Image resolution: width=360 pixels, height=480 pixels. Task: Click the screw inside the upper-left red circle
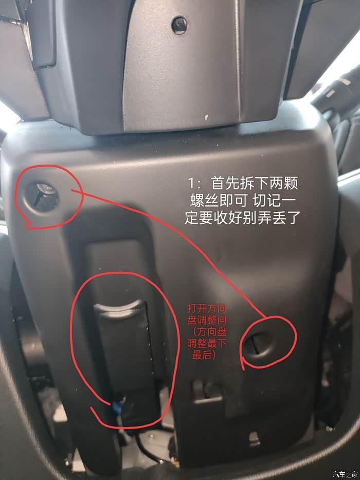[43, 195]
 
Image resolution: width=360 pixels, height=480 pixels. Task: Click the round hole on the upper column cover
[179, 25]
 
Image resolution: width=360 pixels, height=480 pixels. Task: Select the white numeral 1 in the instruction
[191, 184]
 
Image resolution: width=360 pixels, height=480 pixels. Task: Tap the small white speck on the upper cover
[206, 117]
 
